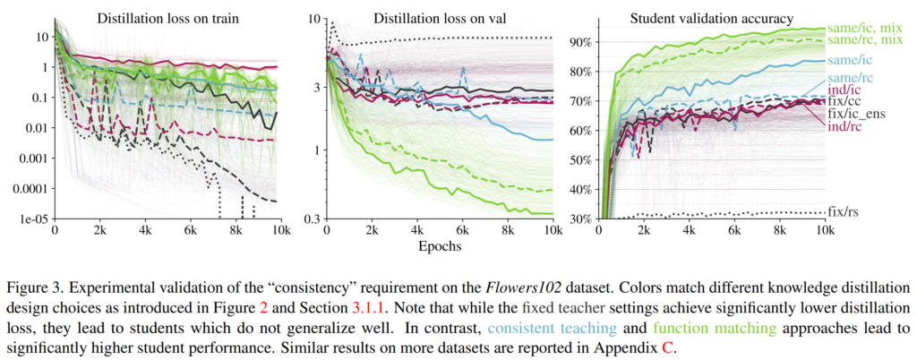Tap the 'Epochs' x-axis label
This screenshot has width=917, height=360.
click(x=436, y=244)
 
